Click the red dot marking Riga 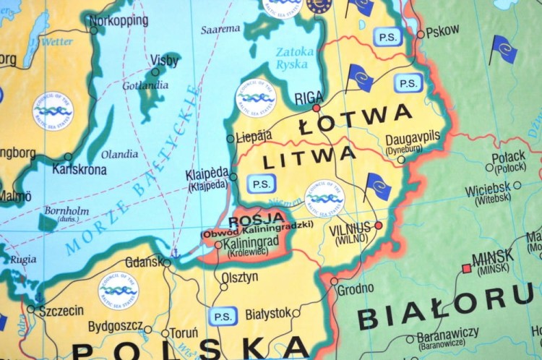[x=316, y=108]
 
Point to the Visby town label [x=164, y=60]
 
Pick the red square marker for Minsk [x=466, y=268]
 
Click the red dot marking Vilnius [x=378, y=226]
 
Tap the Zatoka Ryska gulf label [x=294, y=58]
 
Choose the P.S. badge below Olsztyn [x=222, y=316]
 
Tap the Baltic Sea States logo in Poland [x=118, y=291]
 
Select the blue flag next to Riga [x=360, y=77]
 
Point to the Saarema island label [x=220, y=29]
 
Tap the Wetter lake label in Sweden [x=57, y=42]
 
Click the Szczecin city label [x=60, y=311]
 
